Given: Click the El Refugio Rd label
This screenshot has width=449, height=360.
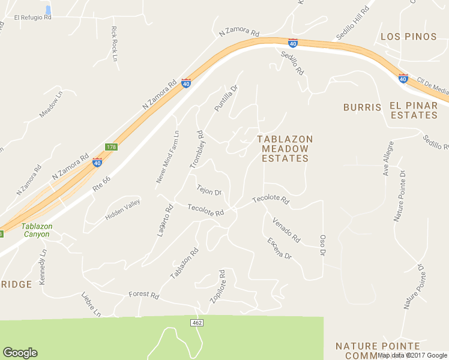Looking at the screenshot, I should tap(32, 17).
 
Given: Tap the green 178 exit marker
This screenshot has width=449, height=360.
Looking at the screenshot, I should tap(111, 147).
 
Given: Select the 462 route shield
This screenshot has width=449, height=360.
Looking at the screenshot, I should tap(197, 323).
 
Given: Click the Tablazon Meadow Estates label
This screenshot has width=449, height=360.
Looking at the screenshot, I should tap(285, 149).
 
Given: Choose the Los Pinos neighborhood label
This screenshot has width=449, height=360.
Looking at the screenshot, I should tap(409, 37).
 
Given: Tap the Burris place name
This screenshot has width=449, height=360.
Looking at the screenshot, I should tap(362, 107).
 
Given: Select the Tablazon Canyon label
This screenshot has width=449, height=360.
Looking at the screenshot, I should tap(37, 230).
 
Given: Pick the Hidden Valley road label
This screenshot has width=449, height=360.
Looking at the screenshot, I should tap(124, 207).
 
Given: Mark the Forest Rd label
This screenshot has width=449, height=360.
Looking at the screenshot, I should tap(143, 295).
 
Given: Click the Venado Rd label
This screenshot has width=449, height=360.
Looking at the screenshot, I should tap(286, 230).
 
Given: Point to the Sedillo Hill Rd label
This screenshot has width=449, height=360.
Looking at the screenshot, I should tap(353, 23).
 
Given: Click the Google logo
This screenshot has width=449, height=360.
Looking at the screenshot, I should tap(20, 353).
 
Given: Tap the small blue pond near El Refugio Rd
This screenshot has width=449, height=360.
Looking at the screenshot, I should tap(48, 10).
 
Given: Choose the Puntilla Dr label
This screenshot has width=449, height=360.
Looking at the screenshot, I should tap(226, 98).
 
